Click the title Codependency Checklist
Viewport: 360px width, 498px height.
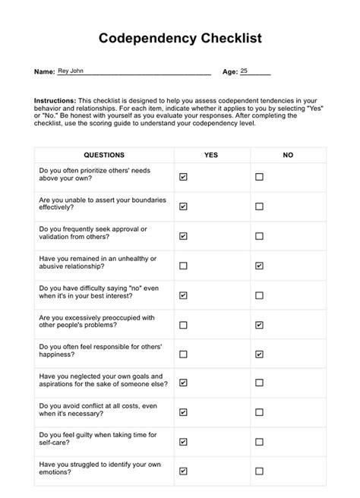pyautogui.click(x=180, y=38)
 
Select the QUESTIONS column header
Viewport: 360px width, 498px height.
pyautogui.click(x=104, y=155)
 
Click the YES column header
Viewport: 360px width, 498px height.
pyautogui.click(x=211, y=155)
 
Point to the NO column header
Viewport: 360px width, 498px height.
pyautogui.click(x=288, y=155)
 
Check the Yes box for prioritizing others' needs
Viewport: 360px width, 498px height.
pyautogui.click(x=183, y=177)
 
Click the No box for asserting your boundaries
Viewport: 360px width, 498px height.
pyautogui.click(x=259, y=206)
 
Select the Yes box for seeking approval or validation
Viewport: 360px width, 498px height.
pyautogui.click(x=183, y=236)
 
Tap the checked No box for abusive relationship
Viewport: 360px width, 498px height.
pyautogui.click(x=259, y=266)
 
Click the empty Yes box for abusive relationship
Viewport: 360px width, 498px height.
pyautogui.click(x=183, y=266)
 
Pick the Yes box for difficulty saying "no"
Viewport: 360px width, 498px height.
pyautogui.click(x=183, y=295)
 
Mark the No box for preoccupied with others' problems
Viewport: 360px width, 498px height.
pyautogui.click(x=259, y=325)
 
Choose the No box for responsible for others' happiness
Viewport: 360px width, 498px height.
pyautogui.click(x=259, y=354)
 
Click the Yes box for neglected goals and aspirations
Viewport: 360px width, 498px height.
pyautogui.click(x=183, y=383)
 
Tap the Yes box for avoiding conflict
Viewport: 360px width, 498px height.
pyautogui.click(x=183, y=413)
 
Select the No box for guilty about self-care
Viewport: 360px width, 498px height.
pyautogui.click(x=259, y=442)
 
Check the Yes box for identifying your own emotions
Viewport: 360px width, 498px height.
pyautogui.click(x=183, y=471)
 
